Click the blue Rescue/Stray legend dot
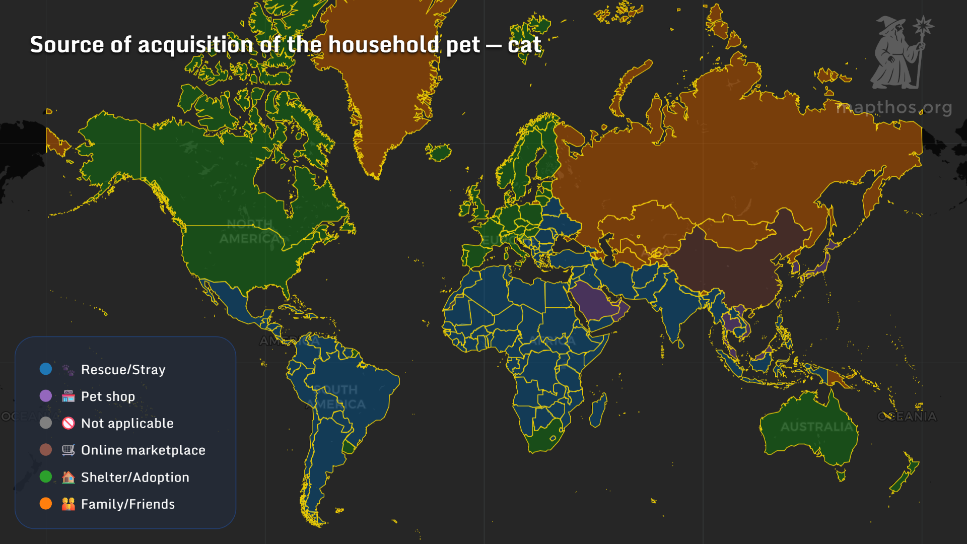point(46,369)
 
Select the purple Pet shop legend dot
point(46,396)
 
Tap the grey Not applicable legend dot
point(46,423)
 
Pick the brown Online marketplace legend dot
point(46,449)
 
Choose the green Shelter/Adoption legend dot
point(46,477)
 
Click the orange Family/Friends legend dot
point(46,503)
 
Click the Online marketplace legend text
point(143,450)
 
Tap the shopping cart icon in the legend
point(68,450)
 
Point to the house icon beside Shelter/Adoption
point(68,477)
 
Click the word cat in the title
point(524,45)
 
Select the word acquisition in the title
point(195,45)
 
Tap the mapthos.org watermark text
point(894,107)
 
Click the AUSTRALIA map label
point(816,427)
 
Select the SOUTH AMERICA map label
point(335,397)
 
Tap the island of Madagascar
point(598,411)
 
